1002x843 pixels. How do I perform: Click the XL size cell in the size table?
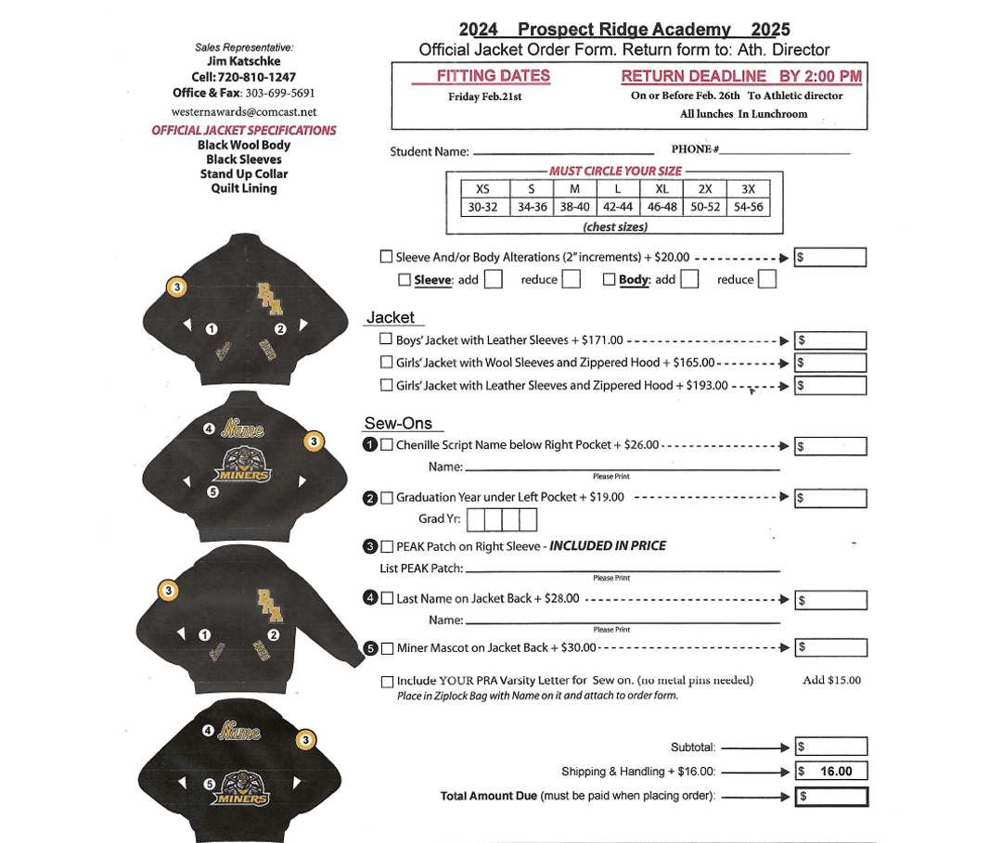tap(662, 189)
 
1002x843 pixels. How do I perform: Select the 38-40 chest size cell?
tap(575, 207)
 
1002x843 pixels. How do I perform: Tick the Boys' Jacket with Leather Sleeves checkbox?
tap(387, 340)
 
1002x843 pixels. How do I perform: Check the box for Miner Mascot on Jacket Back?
tap(387, 647)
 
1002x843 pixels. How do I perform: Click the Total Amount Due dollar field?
tap(830, 796)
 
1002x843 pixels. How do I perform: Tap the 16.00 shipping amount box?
tap(830, 771)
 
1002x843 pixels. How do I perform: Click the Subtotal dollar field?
tap(830, 747)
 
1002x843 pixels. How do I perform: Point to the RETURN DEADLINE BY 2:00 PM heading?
tap(740, 76)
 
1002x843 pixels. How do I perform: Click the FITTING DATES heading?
tap(493, 76)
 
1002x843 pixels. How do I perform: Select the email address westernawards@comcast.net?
tap(244, 111)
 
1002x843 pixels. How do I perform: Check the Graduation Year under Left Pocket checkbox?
tap(387, 498)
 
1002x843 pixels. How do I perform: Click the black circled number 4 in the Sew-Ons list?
tap(370, 599)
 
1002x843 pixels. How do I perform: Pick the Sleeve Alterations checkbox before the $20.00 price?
tap(386, 257)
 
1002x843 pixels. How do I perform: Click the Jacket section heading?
tap(391, 317)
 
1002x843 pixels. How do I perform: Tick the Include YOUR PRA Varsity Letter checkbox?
tap(387, 682)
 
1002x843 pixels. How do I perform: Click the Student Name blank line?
tap(563, 152)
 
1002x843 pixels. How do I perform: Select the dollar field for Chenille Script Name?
tap(830, 446)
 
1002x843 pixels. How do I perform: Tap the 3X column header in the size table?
tap(748, 189)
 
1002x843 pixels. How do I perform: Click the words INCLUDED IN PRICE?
tap(608, 546)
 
